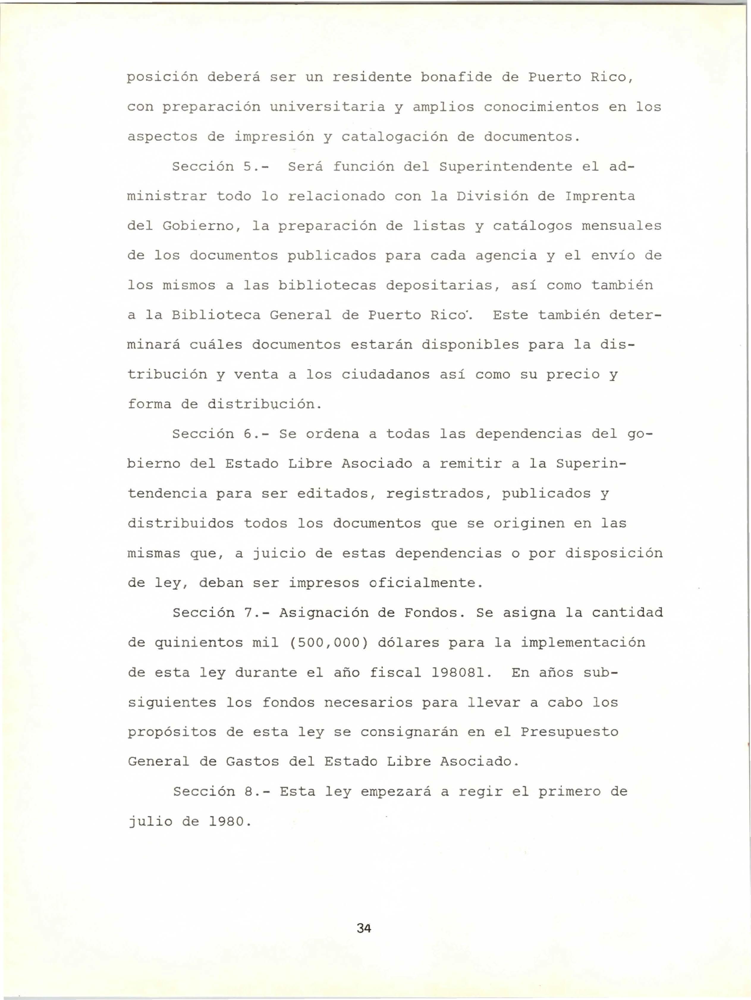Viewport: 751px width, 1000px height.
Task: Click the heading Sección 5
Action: click(x=220, y=167)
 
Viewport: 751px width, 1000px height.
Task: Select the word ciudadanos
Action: click(x=385, y=375)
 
